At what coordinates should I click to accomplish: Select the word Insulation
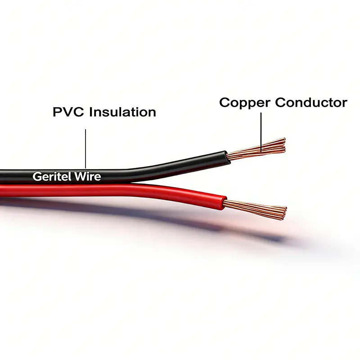coord(122,112)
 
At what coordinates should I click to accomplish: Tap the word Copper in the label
coord(245,103)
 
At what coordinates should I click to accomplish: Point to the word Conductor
coord(311,102)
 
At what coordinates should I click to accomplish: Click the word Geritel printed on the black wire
coord(49,176)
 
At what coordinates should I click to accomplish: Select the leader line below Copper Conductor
coord(261,128)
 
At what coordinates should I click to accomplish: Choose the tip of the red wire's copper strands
coord(285,211)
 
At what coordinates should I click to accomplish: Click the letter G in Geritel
coord(36,176)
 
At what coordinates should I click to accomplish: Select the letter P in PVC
coord(58,112)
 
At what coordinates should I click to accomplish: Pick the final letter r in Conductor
coord(344,103)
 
